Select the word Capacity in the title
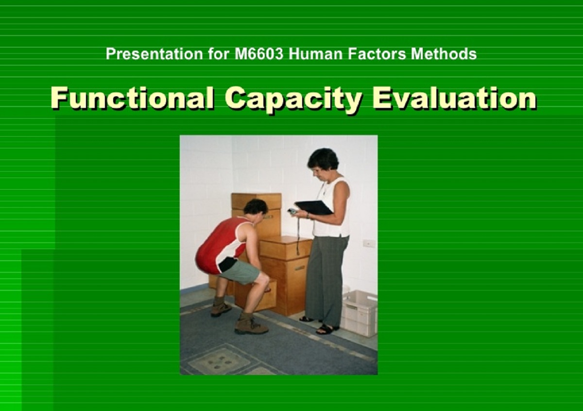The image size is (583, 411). click(x=293, y=99)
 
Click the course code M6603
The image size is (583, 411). click(x=258, y=54)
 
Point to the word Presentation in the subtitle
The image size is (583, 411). click(x=154, y=54)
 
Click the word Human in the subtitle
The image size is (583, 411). click(x=315, y=54)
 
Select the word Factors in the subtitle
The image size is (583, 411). click(x=377, y=54)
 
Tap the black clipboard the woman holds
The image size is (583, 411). click(x=314, y=208)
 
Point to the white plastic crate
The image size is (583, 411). click(x=360, y=313)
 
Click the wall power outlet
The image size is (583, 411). click(x=369, y=243)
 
